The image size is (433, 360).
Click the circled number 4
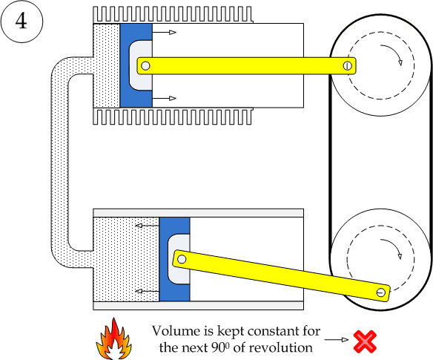coord(22,21)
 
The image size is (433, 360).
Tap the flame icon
coord(113,338)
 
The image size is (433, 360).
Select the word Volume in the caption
coord(172,331)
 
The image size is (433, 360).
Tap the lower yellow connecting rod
coord(282,275)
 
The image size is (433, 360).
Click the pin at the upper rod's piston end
coord(145,66)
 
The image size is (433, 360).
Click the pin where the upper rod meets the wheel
coord(347,66)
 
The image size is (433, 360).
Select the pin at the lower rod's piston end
coord(180,259)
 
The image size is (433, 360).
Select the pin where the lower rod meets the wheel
coord(381,292)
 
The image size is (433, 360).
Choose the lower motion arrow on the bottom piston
coord(147,292)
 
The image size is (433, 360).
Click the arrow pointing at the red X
coord(336,340)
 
